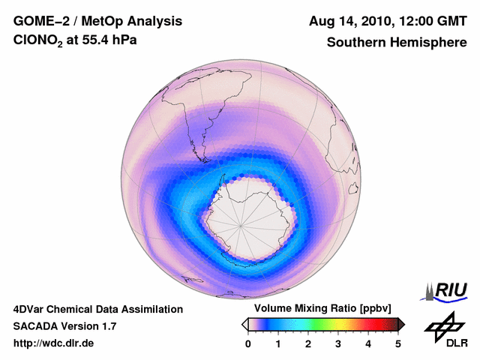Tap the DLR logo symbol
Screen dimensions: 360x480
443,324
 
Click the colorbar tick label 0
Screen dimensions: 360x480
248,343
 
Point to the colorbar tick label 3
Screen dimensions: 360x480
338,343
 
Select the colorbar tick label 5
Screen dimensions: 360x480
398,343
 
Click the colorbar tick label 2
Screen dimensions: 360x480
308,343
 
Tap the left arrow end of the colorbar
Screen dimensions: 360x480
244,324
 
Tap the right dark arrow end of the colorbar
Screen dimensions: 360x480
401,324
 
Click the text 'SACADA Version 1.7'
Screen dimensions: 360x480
64,326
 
